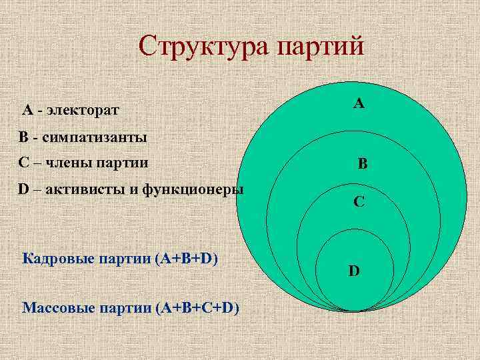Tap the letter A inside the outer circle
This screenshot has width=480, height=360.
click(359, 103)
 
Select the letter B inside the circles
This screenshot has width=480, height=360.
click(362, 163)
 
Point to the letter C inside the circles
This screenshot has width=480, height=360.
click(359, 201)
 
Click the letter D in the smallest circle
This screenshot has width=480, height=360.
click(354, 271)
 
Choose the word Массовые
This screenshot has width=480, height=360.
click(55, 307)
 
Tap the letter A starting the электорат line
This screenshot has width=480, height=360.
click(27, 109)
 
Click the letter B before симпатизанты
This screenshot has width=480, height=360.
click(23, 137)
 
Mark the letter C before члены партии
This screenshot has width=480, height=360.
click(23, 163)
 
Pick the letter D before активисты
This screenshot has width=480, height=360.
click(23, 189)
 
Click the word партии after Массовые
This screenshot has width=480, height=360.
click(124, 307)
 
